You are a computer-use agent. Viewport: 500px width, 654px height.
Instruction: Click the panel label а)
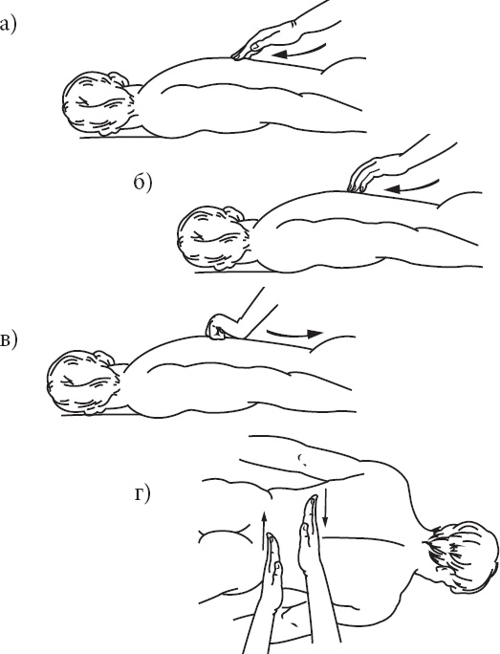[7, 25]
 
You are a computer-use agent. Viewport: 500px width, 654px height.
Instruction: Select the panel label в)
[8, 339]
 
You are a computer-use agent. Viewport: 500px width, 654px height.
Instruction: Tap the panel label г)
[142, 494]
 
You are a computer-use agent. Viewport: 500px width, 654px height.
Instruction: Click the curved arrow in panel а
[300, 53]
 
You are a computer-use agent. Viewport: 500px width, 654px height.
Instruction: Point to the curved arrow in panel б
[413, 186]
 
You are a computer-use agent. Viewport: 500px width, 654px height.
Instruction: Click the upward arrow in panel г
[264, 530]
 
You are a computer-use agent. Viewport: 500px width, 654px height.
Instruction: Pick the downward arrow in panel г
[325, 508]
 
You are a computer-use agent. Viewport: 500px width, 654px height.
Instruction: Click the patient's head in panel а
[98, 104]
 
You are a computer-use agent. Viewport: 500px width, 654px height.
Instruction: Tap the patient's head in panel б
[213, 239]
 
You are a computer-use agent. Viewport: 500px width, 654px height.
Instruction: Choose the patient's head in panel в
[83, 382]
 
